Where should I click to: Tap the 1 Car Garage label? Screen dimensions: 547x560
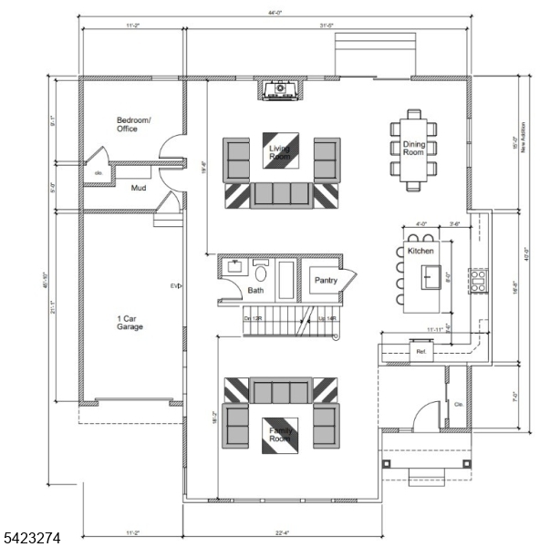coord(130,322)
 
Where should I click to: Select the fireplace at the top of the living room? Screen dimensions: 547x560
coord(281,89)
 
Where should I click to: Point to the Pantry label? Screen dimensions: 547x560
coord(327,282)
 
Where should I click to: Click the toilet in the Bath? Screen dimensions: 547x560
coord(262,271)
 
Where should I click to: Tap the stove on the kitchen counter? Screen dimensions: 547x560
coord(478,279)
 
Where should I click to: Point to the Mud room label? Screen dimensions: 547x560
coord(139,189)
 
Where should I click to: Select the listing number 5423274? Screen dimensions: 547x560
coord(31,539)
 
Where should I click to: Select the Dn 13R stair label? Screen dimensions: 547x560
coord(254,318)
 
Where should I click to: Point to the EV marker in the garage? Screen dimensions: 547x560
coord(174,286)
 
